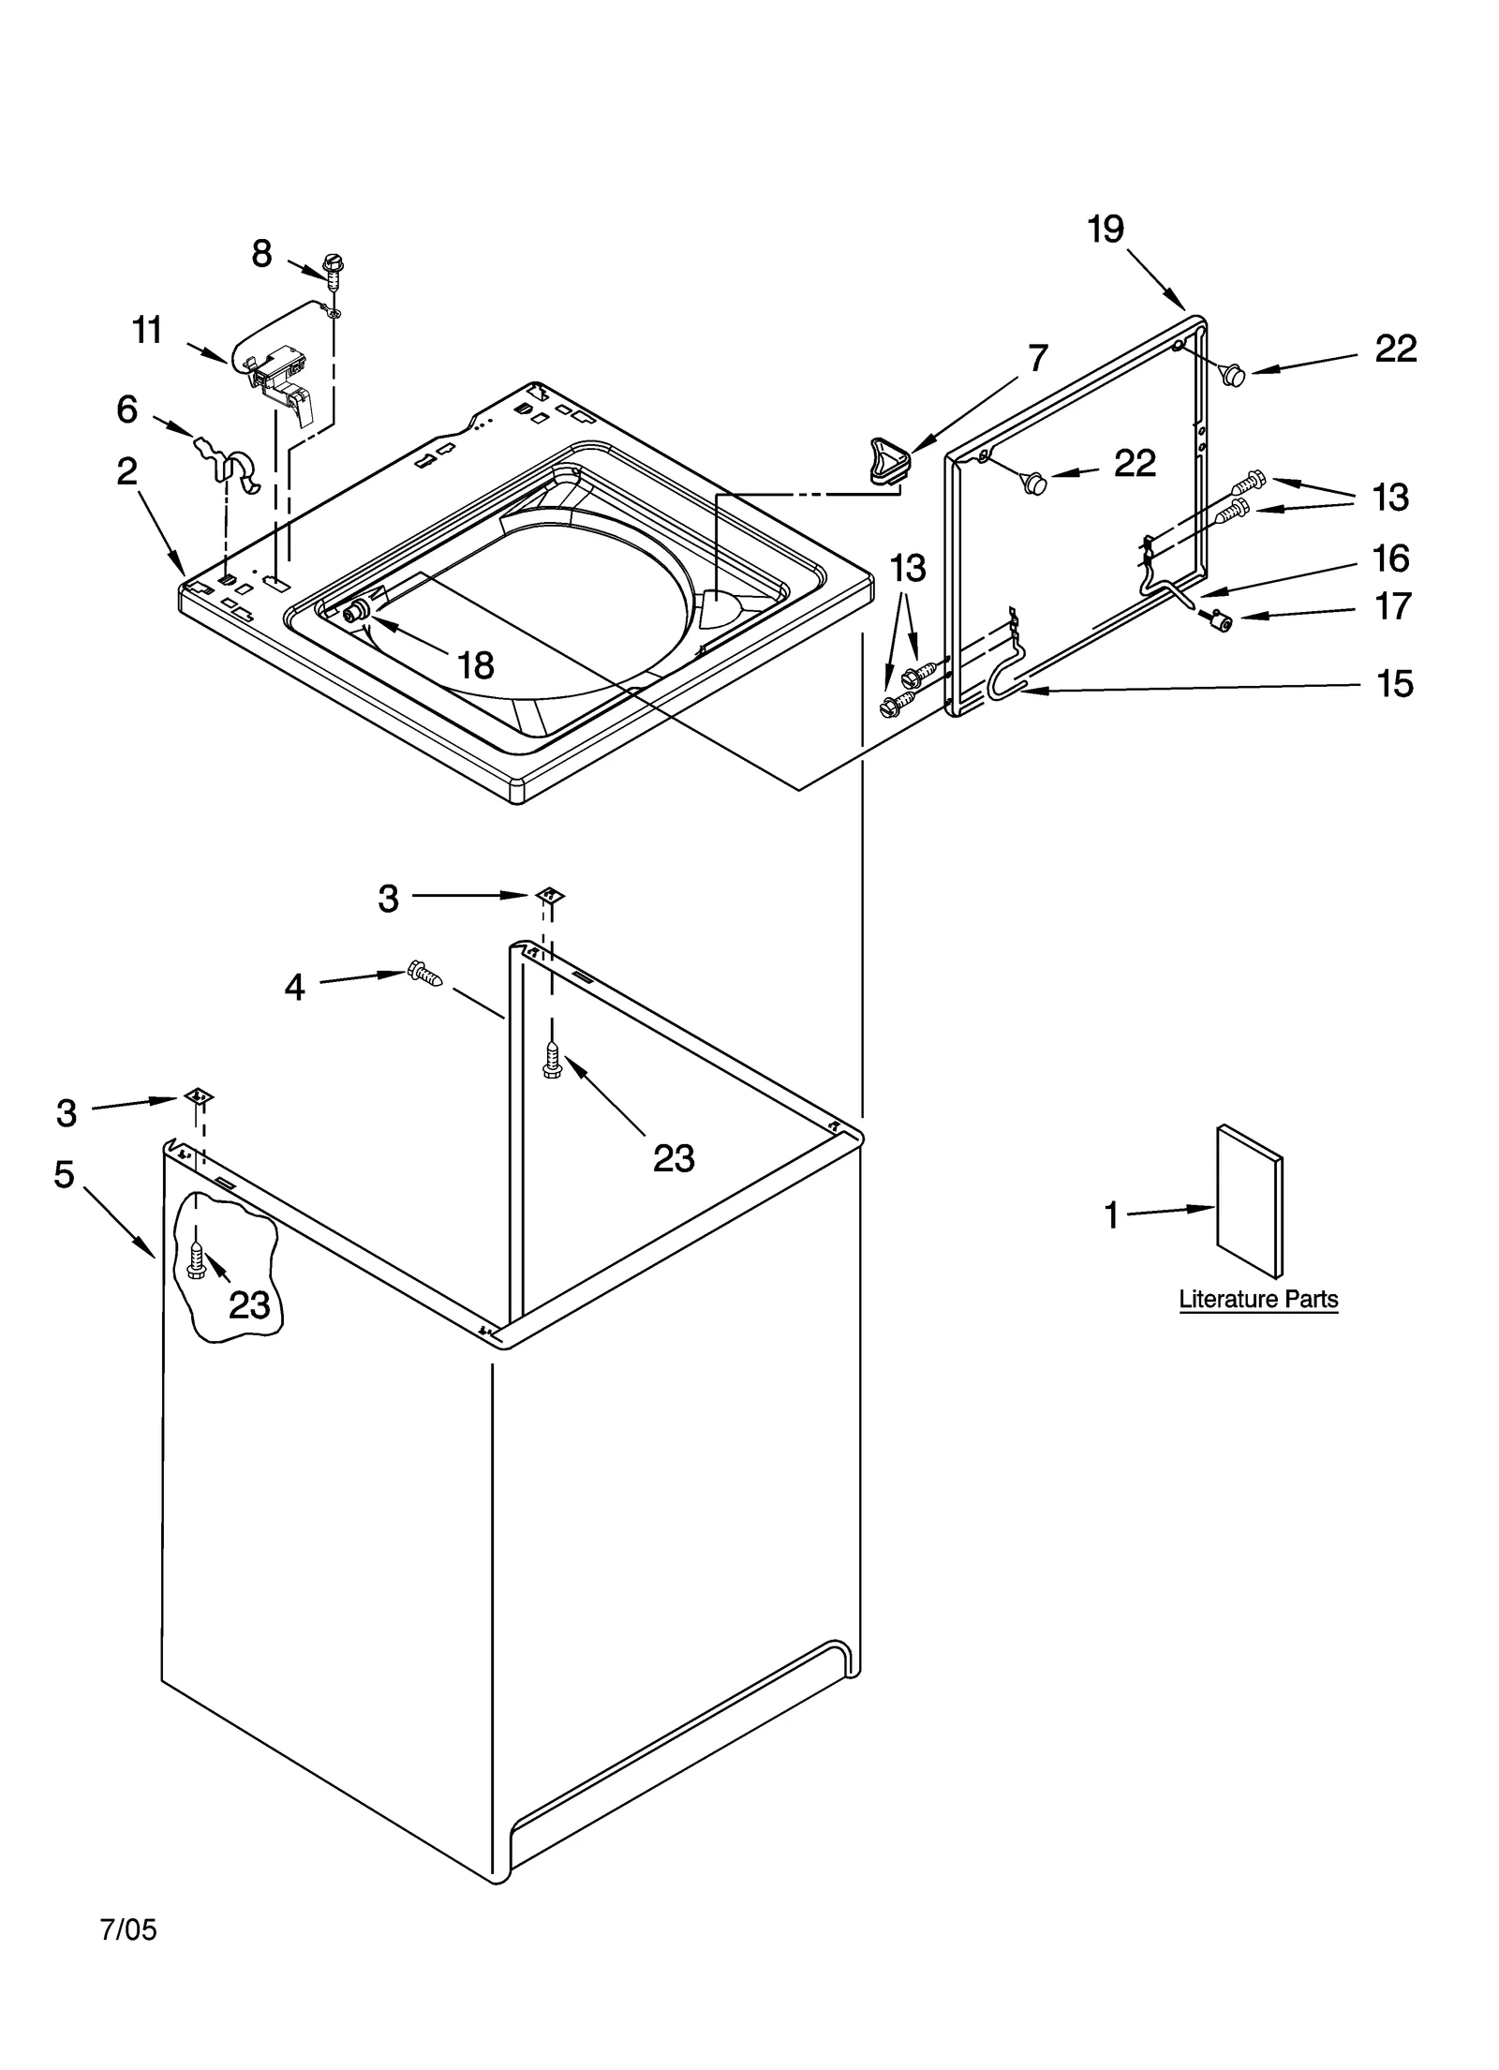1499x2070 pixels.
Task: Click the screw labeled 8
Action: point(331,268)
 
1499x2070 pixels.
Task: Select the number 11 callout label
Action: point(147,331)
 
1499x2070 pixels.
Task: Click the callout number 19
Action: point(1106,230)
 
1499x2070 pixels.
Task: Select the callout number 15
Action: point(1394,684)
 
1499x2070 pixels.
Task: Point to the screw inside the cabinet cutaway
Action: point(196,1262)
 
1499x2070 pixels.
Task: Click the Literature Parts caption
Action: point(1257,1300)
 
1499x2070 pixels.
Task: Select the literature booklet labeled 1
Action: point(1249,1200)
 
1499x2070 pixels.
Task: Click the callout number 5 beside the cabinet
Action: point(64,1174)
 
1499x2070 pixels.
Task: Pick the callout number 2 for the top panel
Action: point(127,471)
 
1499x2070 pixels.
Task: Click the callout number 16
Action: point(1390,558)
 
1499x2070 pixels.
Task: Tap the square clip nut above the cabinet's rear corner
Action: point(550,895)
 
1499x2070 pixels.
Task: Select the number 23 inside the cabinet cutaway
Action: point(249,1305)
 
